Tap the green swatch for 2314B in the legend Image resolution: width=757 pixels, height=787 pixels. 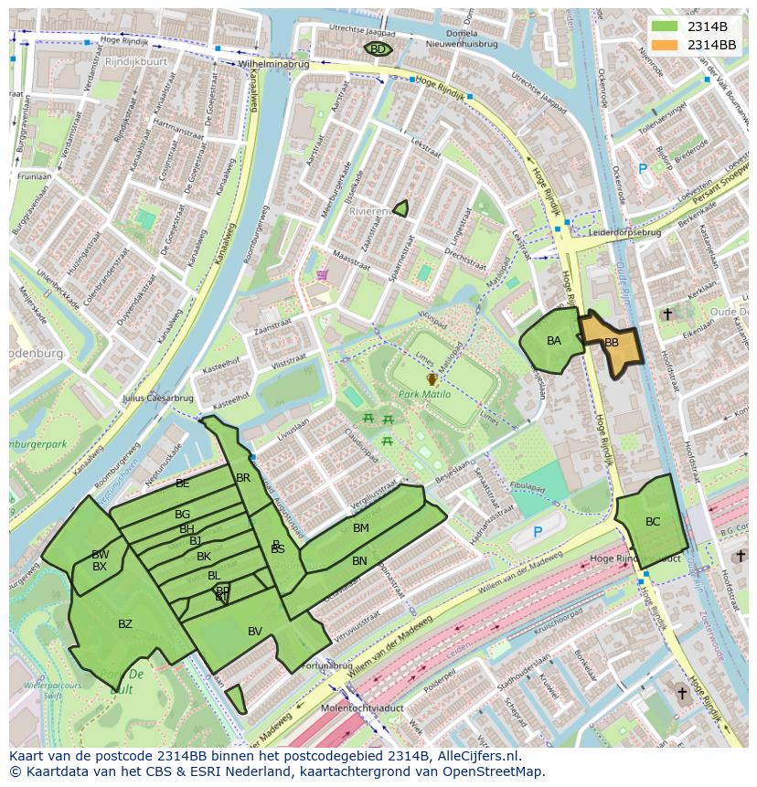coord(666,27)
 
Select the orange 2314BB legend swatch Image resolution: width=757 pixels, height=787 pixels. coord(666,45)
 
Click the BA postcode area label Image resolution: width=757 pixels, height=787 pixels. coord(554,341)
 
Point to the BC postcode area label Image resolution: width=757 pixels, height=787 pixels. coord(653,522)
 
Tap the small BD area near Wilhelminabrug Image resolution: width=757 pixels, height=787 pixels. coord(378,49)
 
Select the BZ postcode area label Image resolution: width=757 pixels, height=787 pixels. coord(125,624)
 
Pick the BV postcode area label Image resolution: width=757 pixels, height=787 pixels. coord(255,631)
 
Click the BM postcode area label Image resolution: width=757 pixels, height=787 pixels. coord(361,527)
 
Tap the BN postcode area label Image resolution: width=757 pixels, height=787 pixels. coord(359,560)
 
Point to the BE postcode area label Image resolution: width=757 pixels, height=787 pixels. coord(183,483)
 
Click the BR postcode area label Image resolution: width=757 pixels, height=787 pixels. coord(243,477)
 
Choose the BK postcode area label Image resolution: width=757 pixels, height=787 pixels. coord(204,556)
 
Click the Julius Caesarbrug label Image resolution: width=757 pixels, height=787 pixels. coord(157,398)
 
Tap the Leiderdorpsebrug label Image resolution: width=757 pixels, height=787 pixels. coord(624,232)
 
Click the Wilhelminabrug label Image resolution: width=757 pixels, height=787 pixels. coord(273,65)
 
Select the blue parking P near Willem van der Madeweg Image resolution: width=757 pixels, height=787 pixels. coord(538,532)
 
